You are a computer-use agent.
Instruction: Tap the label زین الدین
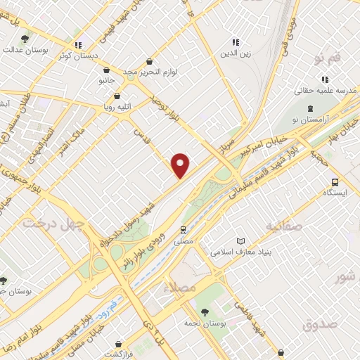click(236, 53)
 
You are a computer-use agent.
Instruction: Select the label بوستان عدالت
click(25, 51)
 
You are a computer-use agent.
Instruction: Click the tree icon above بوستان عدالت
click(26, 39)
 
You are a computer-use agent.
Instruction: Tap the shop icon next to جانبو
click(106, 70)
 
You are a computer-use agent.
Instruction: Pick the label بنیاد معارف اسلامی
click(266, 251)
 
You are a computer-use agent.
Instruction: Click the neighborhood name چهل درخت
click(52, 224)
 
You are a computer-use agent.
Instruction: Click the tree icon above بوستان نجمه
click(205, 310)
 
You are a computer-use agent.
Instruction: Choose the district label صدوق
click(321, 325)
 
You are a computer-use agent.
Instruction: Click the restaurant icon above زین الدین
click(236, 42)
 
